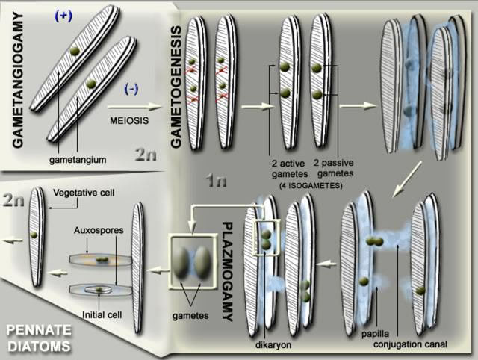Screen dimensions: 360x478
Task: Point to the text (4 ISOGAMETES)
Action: (x=305, y=184)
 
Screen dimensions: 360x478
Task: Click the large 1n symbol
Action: (x=221, y=180)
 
